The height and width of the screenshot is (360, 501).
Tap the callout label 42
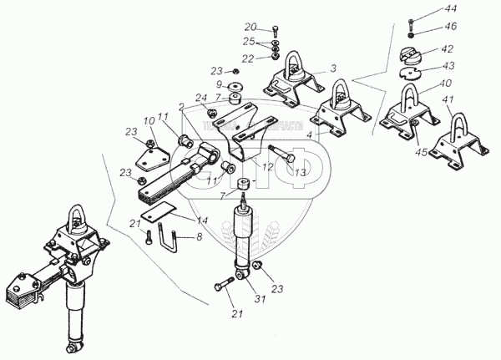(448, 49)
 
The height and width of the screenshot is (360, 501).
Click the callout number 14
(203, 221)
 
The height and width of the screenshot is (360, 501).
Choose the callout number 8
(200, 238)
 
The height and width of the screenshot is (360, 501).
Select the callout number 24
(200, 98)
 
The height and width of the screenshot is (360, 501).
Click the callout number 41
(448, 100)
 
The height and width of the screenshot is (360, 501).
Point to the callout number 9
(220, 84)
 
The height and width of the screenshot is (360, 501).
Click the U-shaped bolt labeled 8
(176, 237)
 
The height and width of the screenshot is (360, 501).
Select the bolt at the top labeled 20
(276, 29)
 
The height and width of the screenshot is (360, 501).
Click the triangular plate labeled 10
(149, 155)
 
